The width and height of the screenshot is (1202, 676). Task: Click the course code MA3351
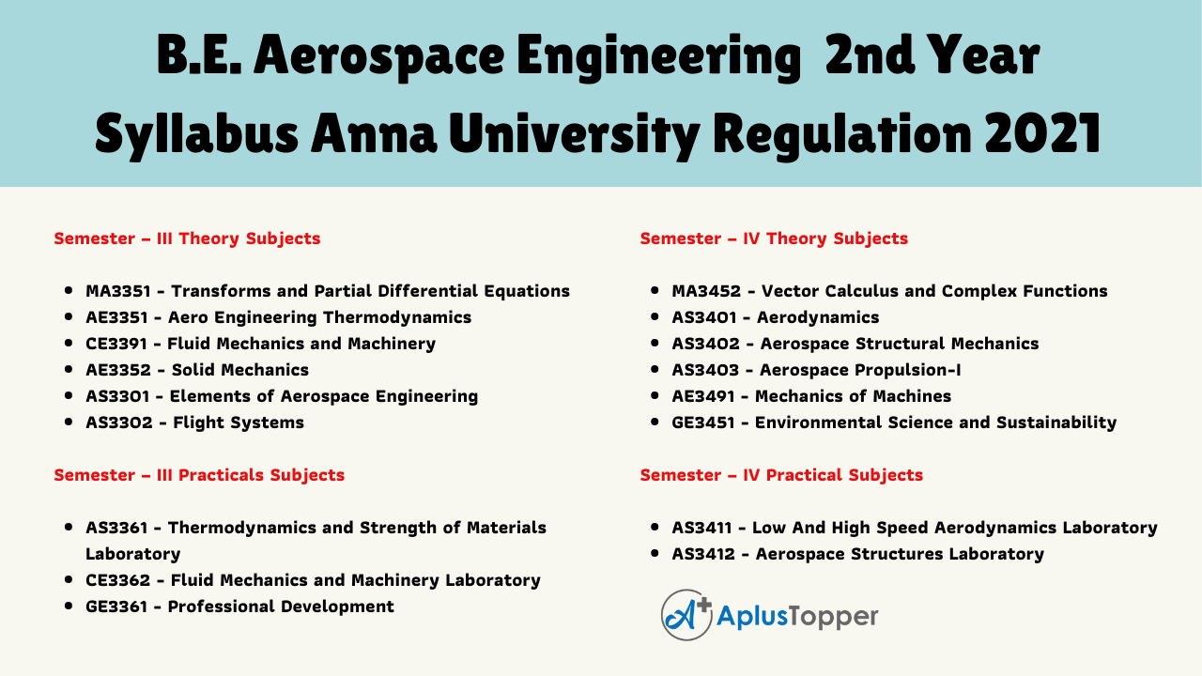118,291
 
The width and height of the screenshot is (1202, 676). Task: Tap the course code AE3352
118,370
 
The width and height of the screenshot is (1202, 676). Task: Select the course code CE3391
116,344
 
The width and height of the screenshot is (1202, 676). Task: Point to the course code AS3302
119,422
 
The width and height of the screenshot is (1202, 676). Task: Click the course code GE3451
703,422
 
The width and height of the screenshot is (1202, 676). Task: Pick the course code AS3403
705,370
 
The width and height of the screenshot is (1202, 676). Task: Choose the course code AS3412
703,554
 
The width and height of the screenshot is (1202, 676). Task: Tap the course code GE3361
116,607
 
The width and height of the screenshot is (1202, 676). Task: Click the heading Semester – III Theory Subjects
187,238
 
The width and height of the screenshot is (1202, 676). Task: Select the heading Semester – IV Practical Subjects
781,475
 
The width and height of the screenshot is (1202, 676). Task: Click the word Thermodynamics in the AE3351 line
397,317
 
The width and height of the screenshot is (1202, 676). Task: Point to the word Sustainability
1056,422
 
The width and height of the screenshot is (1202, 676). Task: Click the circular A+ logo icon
686,615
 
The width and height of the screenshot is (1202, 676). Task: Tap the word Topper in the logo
833,617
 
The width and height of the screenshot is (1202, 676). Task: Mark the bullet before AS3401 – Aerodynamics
655,316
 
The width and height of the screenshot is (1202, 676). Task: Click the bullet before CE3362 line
69,579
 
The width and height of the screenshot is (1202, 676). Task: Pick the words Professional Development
281,607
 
